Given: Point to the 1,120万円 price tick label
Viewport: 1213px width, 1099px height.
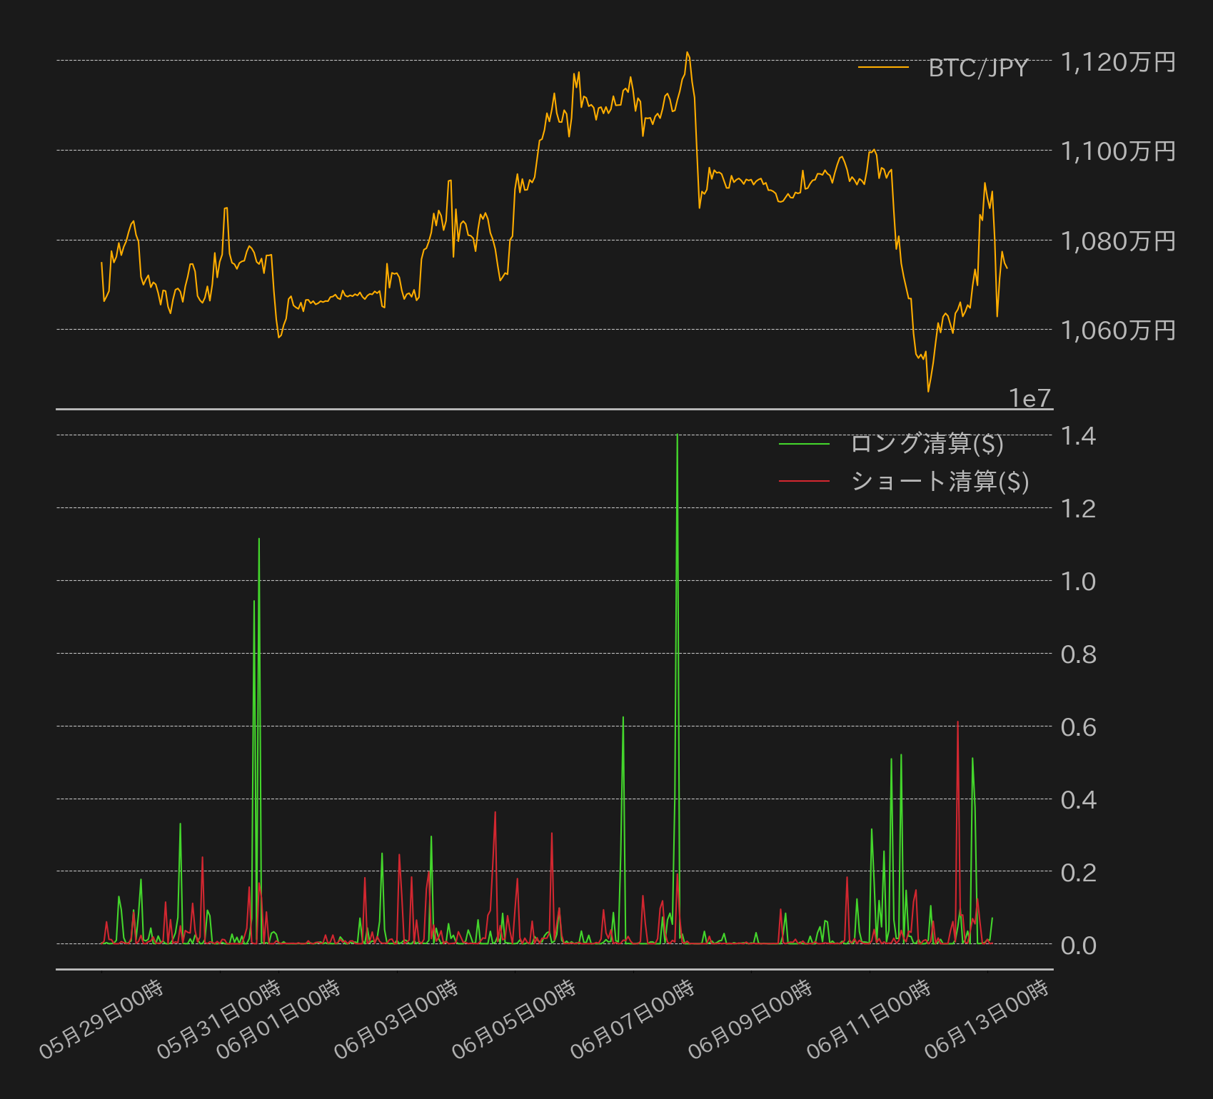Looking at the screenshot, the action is point(1118,62).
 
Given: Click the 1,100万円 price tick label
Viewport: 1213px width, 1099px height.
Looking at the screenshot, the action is point(1118,151).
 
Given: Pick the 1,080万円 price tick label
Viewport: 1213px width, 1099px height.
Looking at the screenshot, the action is point(1118,241).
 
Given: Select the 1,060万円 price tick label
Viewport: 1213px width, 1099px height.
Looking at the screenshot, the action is point(1118,330).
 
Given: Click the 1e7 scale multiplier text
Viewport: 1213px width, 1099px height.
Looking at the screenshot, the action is point(1030,398).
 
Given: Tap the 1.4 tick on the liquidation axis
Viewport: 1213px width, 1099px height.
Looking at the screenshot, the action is point(1078,435).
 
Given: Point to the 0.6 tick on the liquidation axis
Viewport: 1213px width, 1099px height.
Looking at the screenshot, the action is point(1078,726).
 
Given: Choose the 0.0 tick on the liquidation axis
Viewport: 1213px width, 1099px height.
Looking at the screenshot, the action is point(1078,945).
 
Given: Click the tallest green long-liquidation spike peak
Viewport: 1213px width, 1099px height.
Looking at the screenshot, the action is point(677,435).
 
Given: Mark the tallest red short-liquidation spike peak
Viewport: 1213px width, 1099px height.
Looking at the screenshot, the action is point(957,722).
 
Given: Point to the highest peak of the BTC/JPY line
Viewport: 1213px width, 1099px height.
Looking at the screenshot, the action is point(687,52).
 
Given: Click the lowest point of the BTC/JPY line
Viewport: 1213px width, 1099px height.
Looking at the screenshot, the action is point(928,391).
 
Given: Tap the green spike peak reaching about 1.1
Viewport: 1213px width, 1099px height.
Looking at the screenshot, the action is point(258,539).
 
